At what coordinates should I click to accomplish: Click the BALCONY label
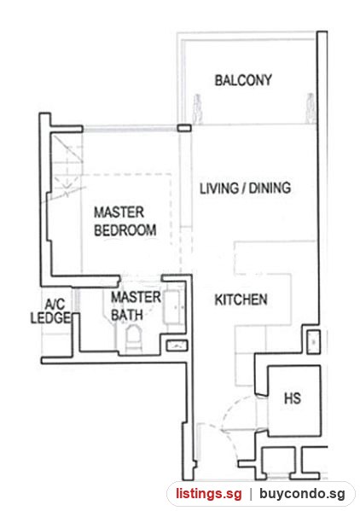[243, 80]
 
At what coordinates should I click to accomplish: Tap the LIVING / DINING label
[245, 188]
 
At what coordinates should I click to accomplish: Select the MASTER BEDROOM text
[125, 221]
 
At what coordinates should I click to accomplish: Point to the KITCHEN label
[241, 299]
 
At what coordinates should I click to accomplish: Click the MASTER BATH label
[136, 306]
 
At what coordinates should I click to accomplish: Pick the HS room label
[293, 398]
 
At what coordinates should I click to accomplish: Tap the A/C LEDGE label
[51, 311]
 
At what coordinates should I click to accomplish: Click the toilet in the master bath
[134, 337]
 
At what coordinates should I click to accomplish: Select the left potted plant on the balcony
[197, 108]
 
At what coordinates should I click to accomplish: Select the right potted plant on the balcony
[311, 107]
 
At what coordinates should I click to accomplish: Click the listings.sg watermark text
[209, 493]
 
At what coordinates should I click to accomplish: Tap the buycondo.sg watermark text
[302, 493]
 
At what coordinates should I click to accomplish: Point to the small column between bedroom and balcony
[184, 128]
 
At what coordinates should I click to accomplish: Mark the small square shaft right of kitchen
[314, 342]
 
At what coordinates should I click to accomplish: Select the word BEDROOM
[125, 230]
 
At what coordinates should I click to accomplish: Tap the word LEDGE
[51, 317]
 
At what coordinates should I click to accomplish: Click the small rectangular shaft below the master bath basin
[177, 346]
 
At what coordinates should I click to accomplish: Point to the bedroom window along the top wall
[130, 130]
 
